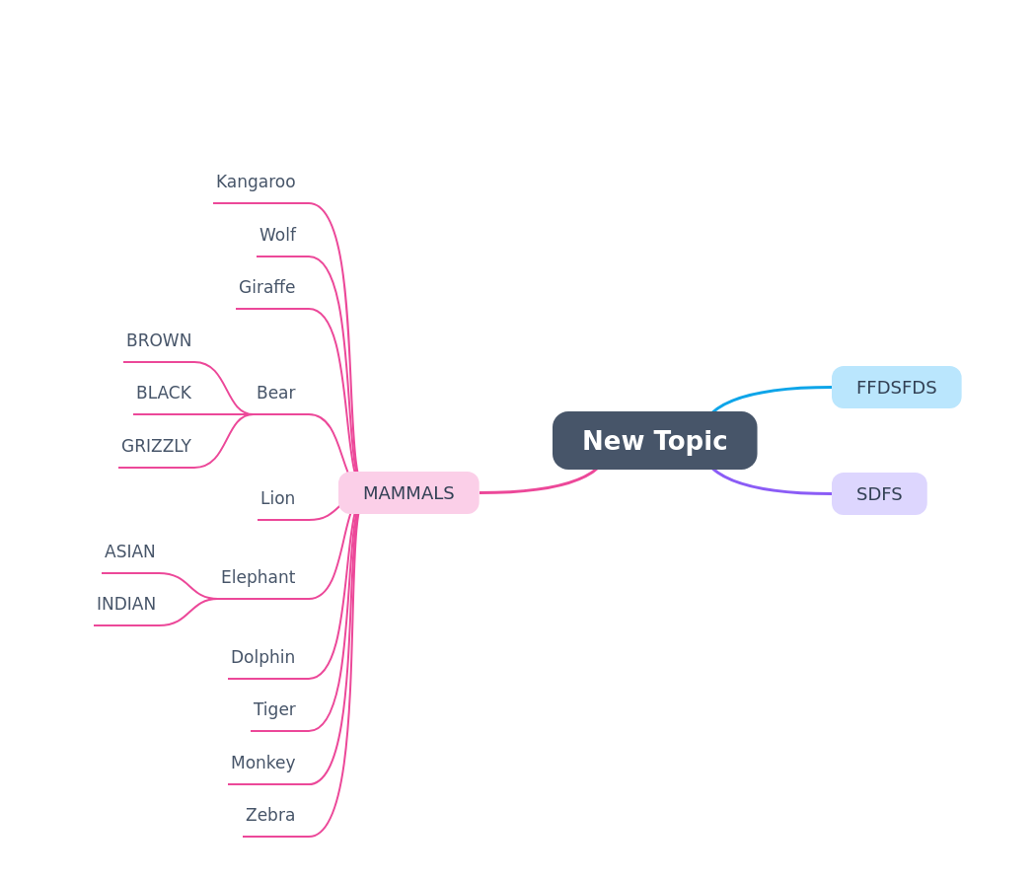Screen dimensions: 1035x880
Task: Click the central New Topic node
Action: point(655,440)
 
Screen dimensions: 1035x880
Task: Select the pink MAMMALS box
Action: point(408,492)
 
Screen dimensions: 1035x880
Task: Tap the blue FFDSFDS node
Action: point(897,387)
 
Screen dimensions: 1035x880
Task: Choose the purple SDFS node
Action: point(879,494)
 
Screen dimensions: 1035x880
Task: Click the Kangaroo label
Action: point(256,182)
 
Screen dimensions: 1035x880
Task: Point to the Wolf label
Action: point(277,235)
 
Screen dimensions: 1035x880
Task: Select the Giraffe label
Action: point(266,287)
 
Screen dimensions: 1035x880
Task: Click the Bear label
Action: point(276,393)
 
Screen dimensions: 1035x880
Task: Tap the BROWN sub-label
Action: point(159,340)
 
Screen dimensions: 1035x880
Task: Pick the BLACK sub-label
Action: point(164,393)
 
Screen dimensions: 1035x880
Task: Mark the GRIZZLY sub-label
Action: point(157,446)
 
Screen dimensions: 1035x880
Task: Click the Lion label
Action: point(277,498)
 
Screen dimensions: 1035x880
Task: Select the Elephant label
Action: point(259,577)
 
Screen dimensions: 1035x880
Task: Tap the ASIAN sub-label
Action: point(130,551)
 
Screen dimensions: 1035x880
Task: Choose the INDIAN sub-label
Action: point(126,604)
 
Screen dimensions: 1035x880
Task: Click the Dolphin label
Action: point(262,657)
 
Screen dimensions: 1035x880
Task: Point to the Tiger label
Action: point(274,709)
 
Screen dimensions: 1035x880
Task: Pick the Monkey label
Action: point(262,763)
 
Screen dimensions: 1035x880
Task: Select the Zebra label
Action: point(270,815)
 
